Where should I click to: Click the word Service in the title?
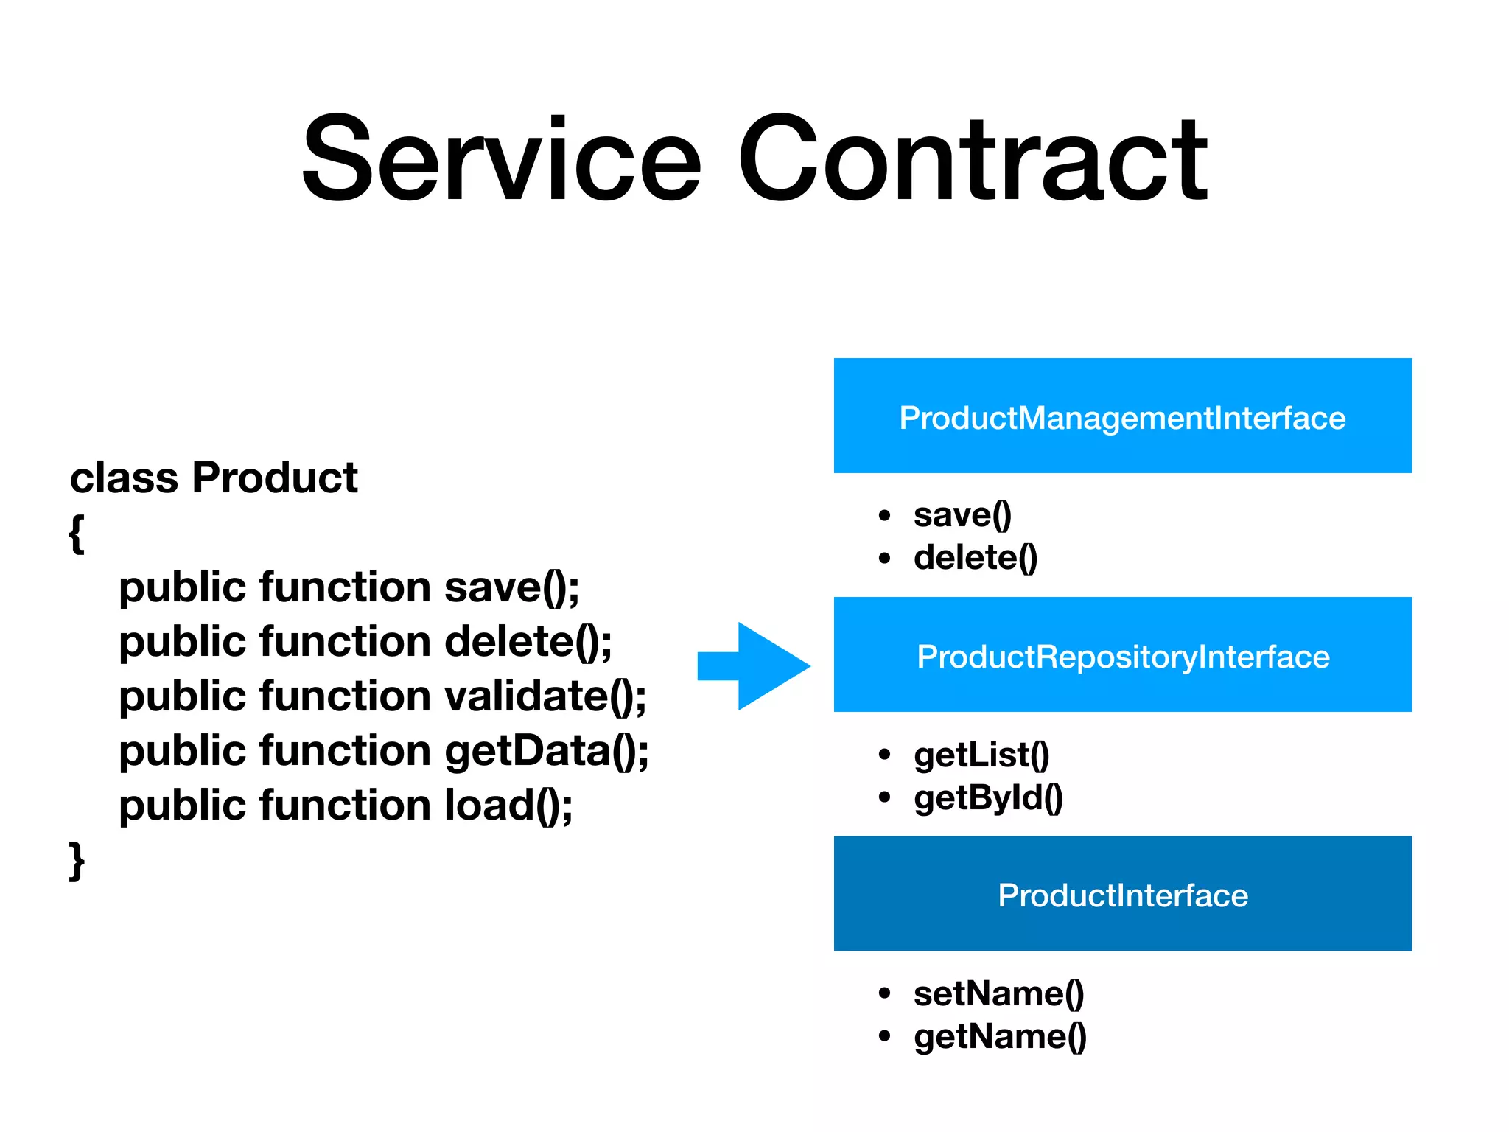(501, 158)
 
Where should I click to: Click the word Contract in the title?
(973, 158)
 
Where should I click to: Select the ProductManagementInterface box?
(1122, 416)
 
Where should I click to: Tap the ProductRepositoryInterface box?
(1122, 654)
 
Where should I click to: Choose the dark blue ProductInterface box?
(1122, 893)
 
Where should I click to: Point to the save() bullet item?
(962, 514)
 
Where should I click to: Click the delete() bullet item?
(975, 557)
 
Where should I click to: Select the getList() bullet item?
(981, 755)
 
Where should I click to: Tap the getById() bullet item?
(988, 797)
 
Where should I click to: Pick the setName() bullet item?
(998, 993)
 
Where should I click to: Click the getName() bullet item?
(1000, 1036)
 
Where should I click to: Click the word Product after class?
(274, 478)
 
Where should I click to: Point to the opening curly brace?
(76, 532)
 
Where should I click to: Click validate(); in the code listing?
(545, 696)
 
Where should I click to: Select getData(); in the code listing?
(546, 750)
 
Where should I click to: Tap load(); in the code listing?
(508, 805)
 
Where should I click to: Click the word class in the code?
(124, 478)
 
